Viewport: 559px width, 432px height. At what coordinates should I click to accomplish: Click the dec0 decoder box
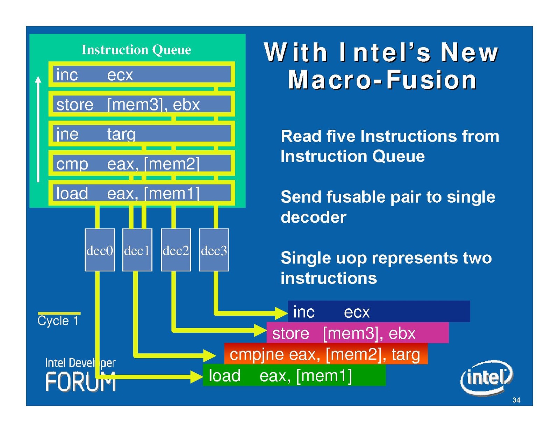[100, 250]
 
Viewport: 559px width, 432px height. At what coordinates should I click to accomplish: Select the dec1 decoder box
[137, 250]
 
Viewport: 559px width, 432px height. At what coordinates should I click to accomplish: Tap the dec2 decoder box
[176, 250]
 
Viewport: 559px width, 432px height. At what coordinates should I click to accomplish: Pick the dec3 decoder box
[214, 250]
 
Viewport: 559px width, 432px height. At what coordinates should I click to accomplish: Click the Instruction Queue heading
[136, 50]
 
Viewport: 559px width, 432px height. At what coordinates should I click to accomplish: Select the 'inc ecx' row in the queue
[142, 74]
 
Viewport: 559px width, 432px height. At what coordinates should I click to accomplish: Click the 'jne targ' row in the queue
[142, 134]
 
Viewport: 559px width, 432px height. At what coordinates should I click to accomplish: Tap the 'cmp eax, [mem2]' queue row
[142, 164]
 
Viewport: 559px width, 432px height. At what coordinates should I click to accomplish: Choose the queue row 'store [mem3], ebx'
[142, 104]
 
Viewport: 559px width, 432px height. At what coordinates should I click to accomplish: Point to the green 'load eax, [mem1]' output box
[294, 375]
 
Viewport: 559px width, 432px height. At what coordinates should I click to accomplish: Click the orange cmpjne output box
[325, 354]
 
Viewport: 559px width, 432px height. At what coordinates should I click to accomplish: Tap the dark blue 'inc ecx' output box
[379, 311]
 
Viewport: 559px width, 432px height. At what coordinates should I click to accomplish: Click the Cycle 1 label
[58, 321]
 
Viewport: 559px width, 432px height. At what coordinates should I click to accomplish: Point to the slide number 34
[516, 400]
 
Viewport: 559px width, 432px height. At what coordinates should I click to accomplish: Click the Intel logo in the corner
[486, 377]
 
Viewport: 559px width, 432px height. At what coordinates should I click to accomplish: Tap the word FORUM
[80, 382]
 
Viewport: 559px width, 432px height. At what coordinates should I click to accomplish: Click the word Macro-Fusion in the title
[382, 80]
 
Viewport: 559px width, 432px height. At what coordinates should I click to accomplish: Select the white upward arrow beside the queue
[38, 129]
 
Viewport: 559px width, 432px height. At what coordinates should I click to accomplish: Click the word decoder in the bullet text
[313, 217]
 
